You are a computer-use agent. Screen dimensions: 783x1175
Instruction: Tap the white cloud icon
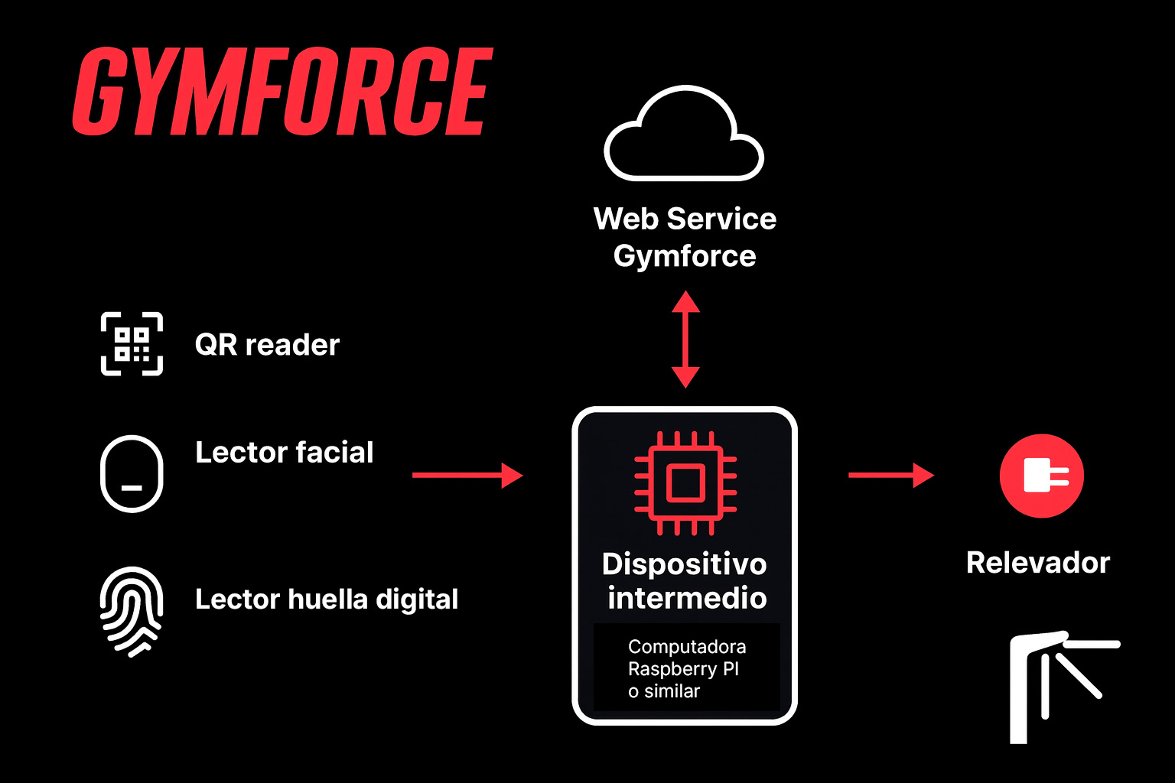(684, 136)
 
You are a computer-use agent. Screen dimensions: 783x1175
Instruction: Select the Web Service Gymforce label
(685, 237)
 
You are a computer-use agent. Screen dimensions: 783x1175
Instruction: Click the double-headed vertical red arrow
(685, 339)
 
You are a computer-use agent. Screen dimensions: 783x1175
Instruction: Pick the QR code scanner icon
(132, 344)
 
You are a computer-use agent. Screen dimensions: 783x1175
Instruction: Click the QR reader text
(267, 345)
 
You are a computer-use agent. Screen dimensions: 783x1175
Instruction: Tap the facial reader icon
(132, 473)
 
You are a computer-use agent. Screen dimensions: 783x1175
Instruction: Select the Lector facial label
(284, 453)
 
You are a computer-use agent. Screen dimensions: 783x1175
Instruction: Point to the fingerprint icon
(132, 611)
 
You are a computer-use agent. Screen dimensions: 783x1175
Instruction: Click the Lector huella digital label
(327, 599)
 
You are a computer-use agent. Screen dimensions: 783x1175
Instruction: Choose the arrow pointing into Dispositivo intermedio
(467, 475)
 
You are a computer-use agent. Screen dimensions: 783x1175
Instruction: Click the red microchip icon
(685, 482)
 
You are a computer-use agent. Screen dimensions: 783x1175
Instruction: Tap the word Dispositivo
(684, 564)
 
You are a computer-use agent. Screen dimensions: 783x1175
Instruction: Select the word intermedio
(687, 598)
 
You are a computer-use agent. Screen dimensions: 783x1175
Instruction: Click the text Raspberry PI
(683, 669)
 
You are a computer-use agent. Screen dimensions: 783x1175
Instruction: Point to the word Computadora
(687, 647)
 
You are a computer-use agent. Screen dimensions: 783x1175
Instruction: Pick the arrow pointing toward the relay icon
(890, 475)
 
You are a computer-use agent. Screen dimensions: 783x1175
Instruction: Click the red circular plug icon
(1041, 476)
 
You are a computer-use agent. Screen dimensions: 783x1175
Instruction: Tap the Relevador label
(1037, 563)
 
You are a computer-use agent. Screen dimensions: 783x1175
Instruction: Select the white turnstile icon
(1059, 685)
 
